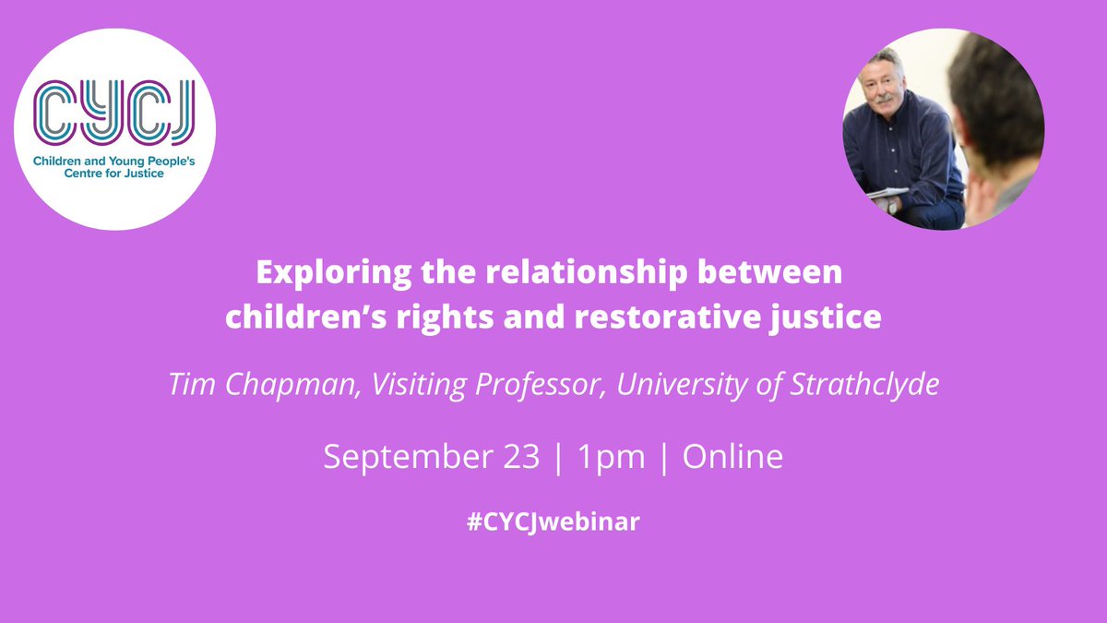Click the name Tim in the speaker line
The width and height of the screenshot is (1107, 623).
(x=187, y=385)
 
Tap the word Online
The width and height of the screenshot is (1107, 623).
(x=732, y=457)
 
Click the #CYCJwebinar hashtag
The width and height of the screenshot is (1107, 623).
(x=553, y=521)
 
